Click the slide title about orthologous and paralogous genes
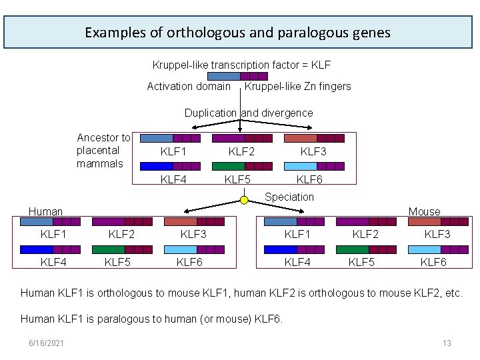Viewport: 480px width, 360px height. [x=238, y=32]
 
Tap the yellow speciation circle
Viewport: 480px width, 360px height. [x=245, y=199]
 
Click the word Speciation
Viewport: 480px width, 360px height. [x=289, y=197]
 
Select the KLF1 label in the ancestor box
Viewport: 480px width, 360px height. [x=173, y=151]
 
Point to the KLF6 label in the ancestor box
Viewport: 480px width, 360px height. [x=309, y=179]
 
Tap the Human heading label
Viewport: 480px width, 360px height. [x=45, y=211]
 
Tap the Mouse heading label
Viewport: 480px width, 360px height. [x=425, y=211]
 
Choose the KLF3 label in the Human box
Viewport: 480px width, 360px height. [x=193, y=234]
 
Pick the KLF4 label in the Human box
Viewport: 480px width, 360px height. [x=53, y=262]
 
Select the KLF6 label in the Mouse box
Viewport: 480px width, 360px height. [x=433, y=262]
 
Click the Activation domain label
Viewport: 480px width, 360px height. [x=189, y=86]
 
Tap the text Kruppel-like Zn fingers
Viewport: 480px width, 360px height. [x=298, y=86]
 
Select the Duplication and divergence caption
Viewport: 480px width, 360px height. [x=249, y=113]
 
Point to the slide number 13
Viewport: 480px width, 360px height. [x=447, y=343]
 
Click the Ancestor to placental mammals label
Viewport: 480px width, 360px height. [x=103, y=151]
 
